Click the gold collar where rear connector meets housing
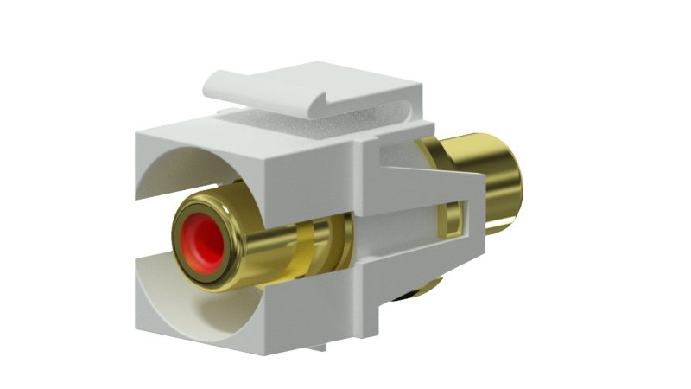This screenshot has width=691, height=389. (x=432, y=147)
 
